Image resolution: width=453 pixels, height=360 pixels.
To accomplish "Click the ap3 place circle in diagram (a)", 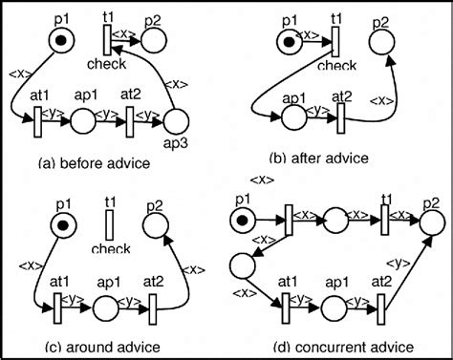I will (176, 121).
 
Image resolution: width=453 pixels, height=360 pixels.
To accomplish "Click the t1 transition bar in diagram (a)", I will (107, 38).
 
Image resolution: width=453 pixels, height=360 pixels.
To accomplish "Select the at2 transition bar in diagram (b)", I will (341, 120).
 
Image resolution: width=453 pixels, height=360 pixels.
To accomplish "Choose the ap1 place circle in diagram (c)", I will (107, 307).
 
